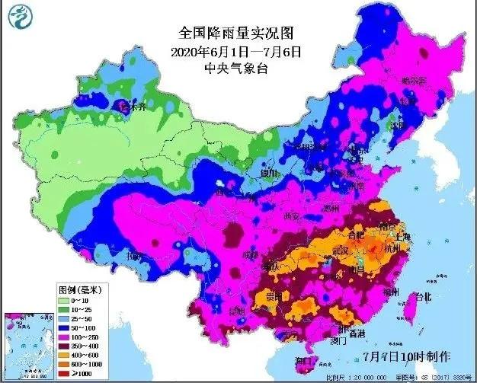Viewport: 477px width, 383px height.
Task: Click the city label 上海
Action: click(402, 237)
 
